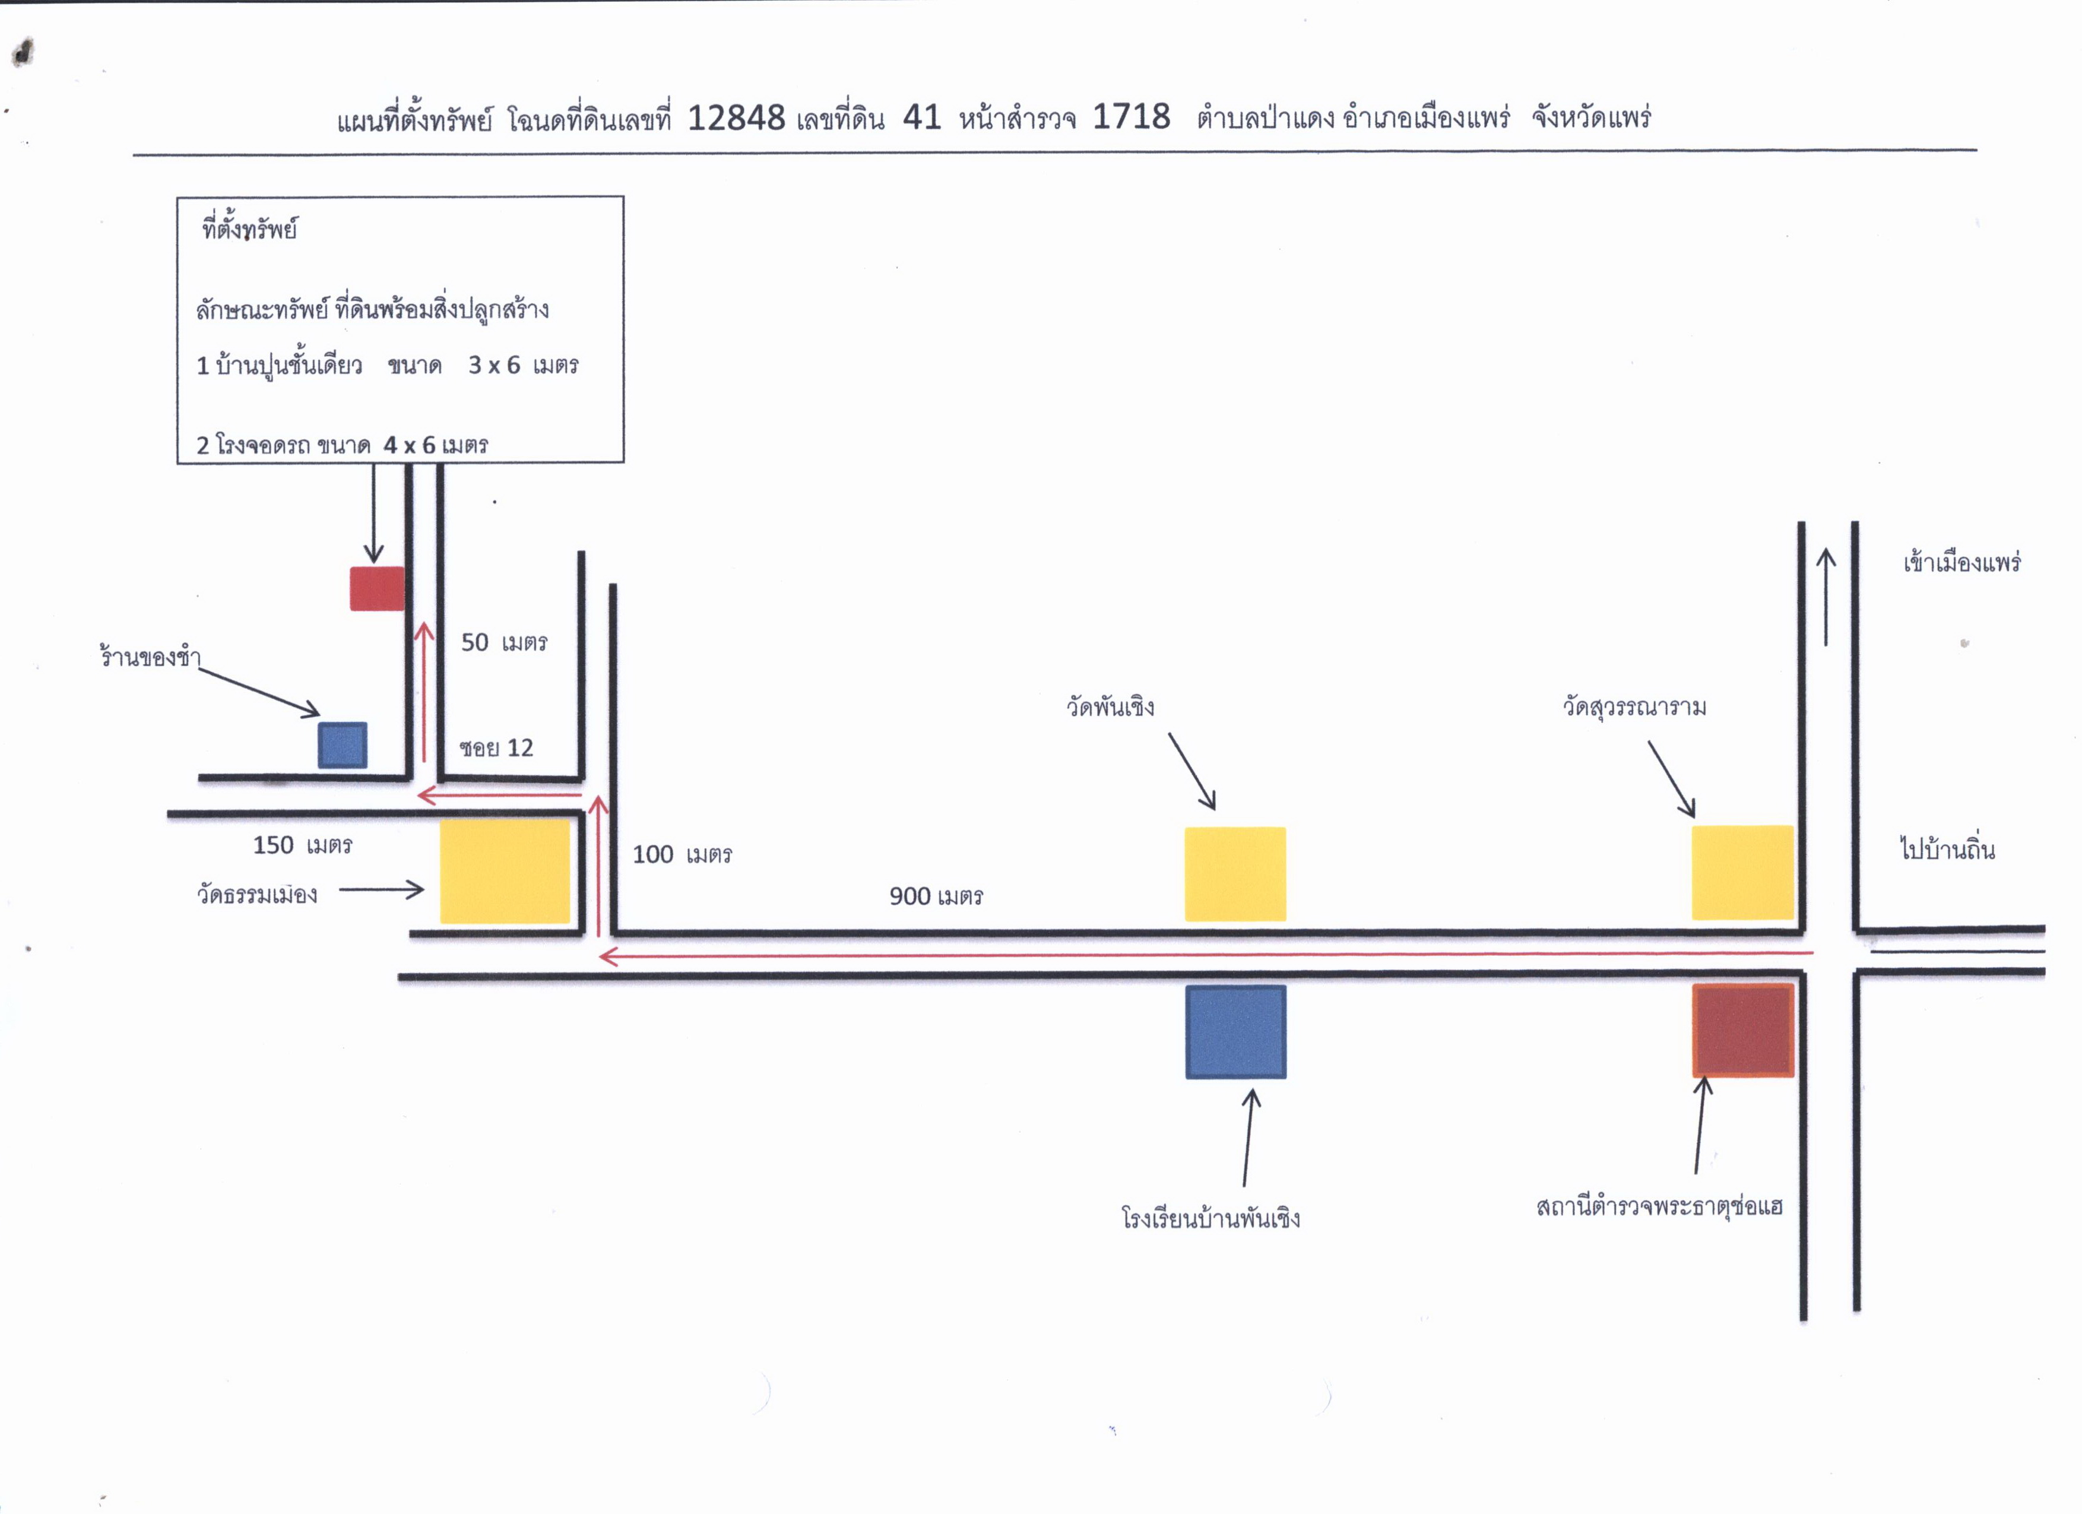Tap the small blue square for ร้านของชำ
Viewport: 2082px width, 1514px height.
point(343,745)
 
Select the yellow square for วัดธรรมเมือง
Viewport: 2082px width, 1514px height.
point(505,872)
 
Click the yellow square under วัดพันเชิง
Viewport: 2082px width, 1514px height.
point(1235,874)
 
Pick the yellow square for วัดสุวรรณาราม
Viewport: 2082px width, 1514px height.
point(1742,872)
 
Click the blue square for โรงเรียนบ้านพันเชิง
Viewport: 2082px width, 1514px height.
point(1235,1032)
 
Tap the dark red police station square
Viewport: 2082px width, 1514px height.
point(1743,1030)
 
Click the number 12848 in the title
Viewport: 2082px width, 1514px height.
point(736,118)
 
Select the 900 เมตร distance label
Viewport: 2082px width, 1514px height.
point(936,896)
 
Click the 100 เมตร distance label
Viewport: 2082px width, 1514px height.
point(682,855)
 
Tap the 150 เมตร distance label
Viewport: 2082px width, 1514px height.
point(303,845)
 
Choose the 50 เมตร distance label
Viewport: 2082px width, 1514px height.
point(504,642)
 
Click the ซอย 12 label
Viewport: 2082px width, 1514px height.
point(496,748)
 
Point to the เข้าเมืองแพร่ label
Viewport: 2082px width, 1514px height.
point(1961,562)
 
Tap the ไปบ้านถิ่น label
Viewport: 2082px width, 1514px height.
point(1947,848)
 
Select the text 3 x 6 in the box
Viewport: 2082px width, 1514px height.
point(494,365)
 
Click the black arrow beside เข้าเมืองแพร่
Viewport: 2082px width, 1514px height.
point(1826,597)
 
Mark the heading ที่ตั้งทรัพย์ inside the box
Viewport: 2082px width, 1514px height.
point(250,229)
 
